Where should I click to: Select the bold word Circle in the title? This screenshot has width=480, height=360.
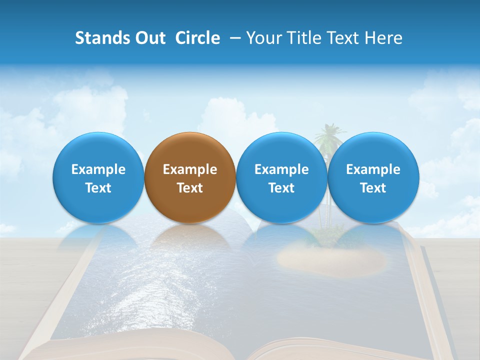click(197, 38)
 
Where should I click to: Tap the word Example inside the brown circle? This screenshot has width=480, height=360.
click(190, 169)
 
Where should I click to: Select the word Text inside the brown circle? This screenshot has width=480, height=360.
click(190, 188)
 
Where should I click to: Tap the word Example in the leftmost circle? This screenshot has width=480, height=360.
click(98, 169)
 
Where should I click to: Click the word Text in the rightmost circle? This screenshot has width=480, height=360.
click(373, 188)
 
